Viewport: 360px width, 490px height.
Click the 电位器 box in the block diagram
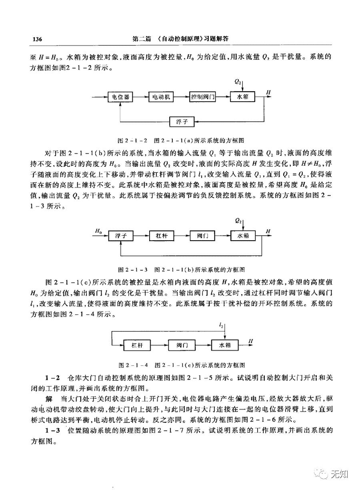[x=120, y=97]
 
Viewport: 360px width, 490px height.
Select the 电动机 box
[x=161, y=97]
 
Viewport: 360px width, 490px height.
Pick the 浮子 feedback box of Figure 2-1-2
[x=182, y=121]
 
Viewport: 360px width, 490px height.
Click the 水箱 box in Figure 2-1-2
[x=243, y=97]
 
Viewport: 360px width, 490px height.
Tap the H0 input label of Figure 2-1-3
[x=98, y=231]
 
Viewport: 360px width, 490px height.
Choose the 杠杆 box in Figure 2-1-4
[x=142, y=345]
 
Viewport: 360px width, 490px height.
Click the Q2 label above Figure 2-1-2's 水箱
[x=238, y=82]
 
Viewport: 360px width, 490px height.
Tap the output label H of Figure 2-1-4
[x=251, y=341]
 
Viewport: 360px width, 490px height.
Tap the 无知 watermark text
[x=340, y=474]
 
